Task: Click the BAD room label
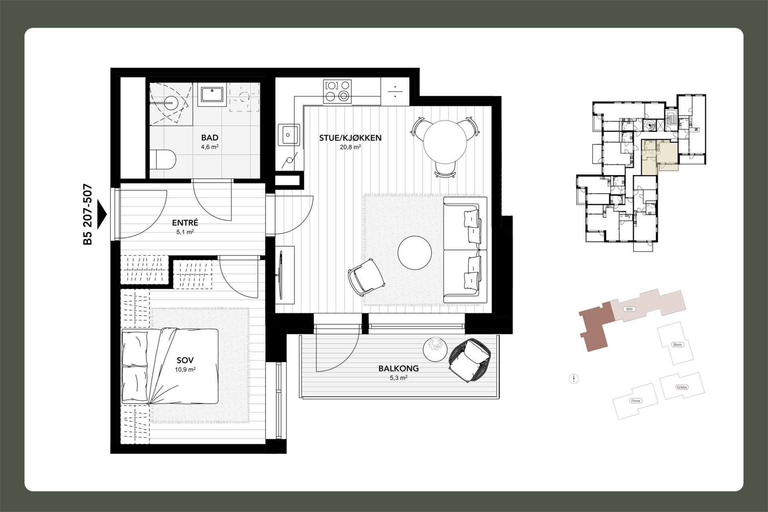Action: pos(210,138)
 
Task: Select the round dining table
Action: pos(444,141)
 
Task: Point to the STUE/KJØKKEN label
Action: pos(350,138)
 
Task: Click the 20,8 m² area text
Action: pos(350,147)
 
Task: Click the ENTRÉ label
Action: pos(185,223)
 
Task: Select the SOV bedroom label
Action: pos(185,360)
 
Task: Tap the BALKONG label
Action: pos(398,368)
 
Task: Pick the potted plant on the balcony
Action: pos(434,347)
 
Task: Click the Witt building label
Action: pos(630,309)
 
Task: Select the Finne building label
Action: pos(635,400)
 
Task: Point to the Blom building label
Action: pos(677,344)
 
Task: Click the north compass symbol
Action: pos(574,378)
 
